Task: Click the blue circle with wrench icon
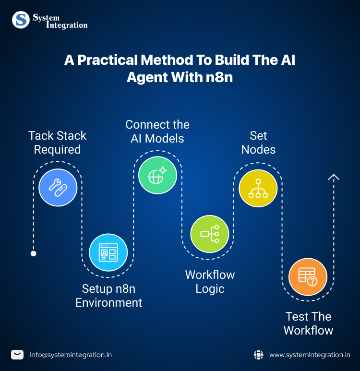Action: pos(58,188)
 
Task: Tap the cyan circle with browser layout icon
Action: pos(108,252)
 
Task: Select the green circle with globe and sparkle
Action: pos(157,175)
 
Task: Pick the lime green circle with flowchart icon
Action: pos(210,234)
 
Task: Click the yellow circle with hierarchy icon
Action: pos(258,188)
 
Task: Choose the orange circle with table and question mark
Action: pos(308,277)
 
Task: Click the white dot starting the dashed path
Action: pos(34,253)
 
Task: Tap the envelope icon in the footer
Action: pos(17,355)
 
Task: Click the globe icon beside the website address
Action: pos(258,355)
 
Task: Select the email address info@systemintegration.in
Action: pos(71,355)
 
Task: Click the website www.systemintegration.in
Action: pos(310,355)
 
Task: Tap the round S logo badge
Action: pos(21,20)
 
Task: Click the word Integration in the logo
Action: pos(67,25)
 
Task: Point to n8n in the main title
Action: pos(219,77)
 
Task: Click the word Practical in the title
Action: pos(108,60)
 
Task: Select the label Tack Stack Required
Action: pos(57,143)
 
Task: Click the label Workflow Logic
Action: pos(210,282)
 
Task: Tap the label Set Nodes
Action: pos(258,143)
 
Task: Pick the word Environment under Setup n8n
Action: pos(108,303)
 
